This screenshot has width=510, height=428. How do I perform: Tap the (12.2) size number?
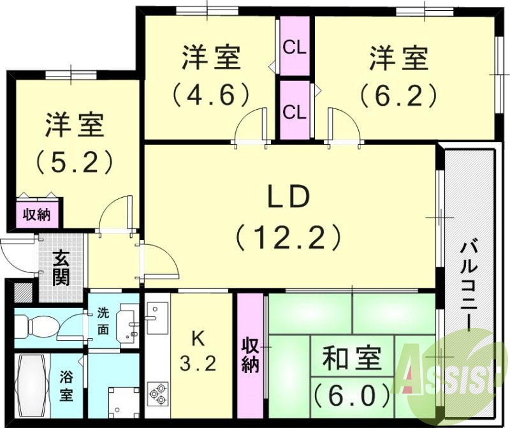(288, 237)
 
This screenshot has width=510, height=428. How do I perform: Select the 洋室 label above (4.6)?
(210, 58)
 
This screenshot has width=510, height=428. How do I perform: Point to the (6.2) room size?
(398, 95)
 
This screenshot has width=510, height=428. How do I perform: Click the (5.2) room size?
(75, 161)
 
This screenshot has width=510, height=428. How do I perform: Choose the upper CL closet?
(295, 47)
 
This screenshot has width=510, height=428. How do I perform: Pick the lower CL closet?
(295, 112)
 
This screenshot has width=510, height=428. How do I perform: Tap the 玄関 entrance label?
(62, 268)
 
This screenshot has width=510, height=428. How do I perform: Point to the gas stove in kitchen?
(157, 392)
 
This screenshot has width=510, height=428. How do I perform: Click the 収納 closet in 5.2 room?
(37, 214)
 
